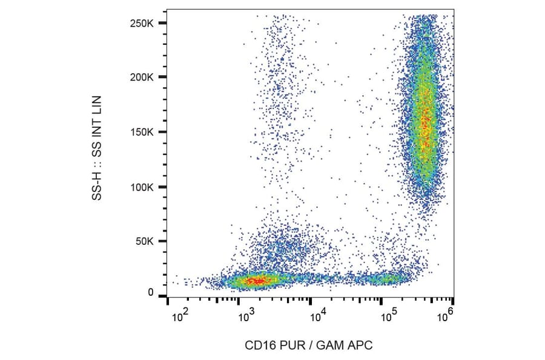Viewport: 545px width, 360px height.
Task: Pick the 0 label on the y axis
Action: pyautogui.click(x=151, y=293)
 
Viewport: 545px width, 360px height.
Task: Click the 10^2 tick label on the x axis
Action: pyautogui.click(x=180, y=315)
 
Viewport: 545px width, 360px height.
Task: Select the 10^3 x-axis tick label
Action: pyautogui.click(x=246, y=315)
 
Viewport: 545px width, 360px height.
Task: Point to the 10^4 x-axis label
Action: pyautogui.click(x=318, y=315)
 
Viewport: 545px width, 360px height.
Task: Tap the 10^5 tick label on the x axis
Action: pyautogui.click(x=388, y=315)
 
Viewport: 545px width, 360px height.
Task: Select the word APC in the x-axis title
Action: pyautogui.click(x=361, y=345)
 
